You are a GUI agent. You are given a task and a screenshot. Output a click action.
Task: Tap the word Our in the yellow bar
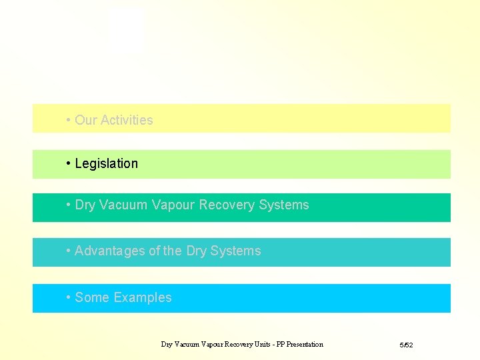pos(85,120)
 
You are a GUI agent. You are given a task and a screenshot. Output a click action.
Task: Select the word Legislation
pos(107,163)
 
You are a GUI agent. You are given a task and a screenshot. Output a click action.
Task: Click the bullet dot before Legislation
pos(69,163)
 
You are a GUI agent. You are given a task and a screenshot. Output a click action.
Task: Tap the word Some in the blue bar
pos(92,297)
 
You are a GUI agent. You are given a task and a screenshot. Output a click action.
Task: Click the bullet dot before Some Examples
pos(69,297)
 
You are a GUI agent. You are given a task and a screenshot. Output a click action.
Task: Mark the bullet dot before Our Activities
pos(69,120)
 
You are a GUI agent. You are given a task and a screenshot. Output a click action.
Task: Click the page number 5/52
pos(406,345)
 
